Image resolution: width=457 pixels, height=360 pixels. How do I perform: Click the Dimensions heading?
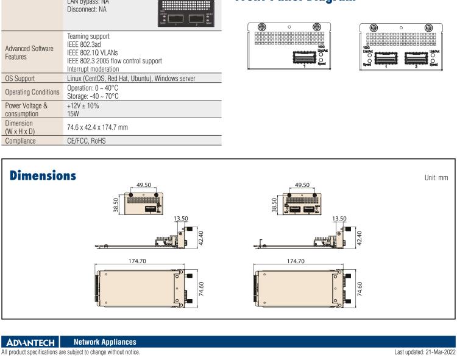tap(43, 175)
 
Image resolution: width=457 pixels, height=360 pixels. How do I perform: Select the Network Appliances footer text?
tap(104, 343)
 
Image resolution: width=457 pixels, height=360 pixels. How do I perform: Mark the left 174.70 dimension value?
tap(138, 260)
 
